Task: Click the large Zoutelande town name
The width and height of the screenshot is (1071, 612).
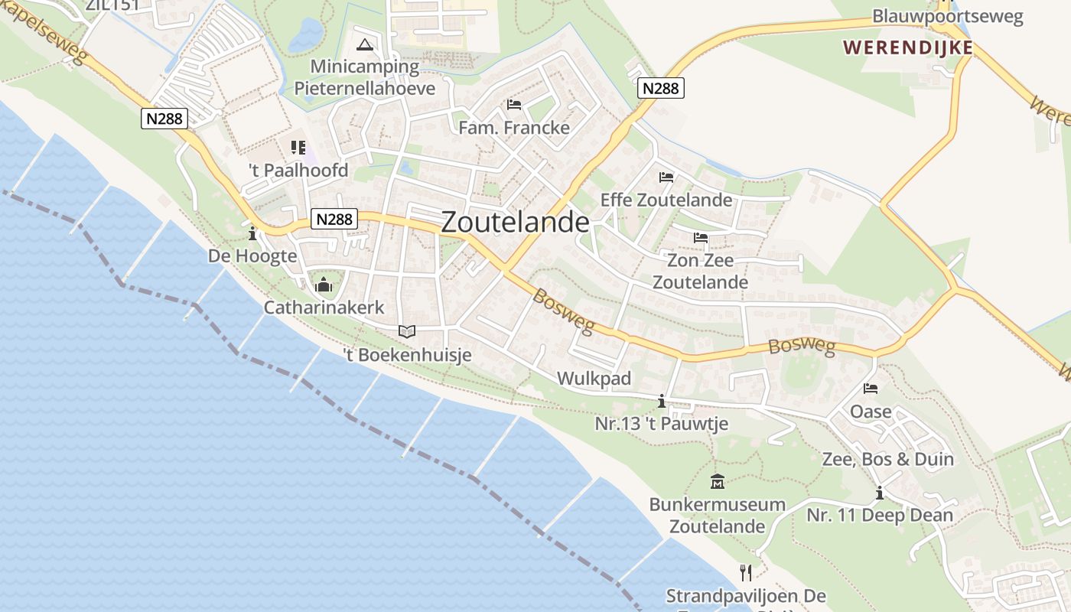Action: tap(516, 222)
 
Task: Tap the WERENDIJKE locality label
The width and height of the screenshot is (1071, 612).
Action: tap(908, 47)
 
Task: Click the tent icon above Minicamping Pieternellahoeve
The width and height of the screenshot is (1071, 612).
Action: tap(365, 44)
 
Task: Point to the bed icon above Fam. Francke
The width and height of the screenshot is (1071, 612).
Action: tap(514, 104)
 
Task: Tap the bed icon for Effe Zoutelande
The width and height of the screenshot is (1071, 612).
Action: tap(666, 177)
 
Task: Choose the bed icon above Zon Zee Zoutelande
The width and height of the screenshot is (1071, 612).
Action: tap(700, 238)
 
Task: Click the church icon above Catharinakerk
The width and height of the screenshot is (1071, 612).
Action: tap(324, 285)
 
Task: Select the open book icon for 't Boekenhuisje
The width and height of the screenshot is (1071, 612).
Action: tap(407, 332)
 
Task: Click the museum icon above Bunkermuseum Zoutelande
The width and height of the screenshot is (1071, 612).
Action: tap(718, 482)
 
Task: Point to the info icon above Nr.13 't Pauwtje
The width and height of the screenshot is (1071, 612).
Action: tap(662, 401)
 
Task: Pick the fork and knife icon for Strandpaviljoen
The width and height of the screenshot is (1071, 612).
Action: tap(746, 572)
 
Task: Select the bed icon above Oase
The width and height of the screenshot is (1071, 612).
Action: tap(871, 389)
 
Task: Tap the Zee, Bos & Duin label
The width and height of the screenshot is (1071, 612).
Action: tap(887, 459)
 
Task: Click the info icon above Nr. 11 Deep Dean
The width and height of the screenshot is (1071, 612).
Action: tap(880, 493)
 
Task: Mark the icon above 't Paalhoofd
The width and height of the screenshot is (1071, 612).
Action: tap(298, 147)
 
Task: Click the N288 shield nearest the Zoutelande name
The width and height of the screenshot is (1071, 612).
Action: tap(334, 220)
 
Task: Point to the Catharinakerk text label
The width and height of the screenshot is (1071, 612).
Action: tap(324, 308)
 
